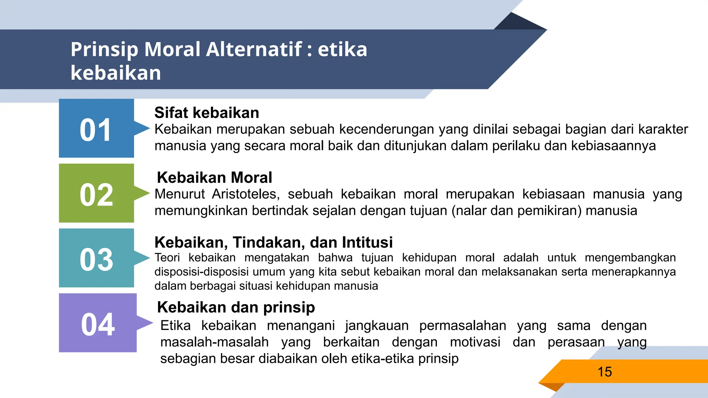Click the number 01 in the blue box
pyautogui.click(x=96, y=130)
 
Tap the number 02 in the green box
pyautogui.click(x=96, y=195)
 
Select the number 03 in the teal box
pyautogui.click(x=96, y=260)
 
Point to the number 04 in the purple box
pyautogui.click(x=98, y=324)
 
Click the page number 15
pyautogui.click(x=605, y=372)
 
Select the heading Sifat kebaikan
pyautogui.click(x=207, y=113)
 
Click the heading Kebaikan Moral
pyautogui.click(x=214, y=178)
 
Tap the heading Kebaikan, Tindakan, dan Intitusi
pyautogui.click(x=273, y=242)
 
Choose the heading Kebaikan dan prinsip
pyautogui.click(x=236, y=307)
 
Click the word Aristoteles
pyautogui.click(x=245, y=194)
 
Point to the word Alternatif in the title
pyautogui.click(x=254, y=49)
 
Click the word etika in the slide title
pyautogui.click(x=342, y=49)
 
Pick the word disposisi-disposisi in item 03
pyautogui.click(x=202, y=272)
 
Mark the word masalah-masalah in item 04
pyautogui.click(x=214, y=342)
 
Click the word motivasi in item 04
pyautogui.click(x=475, y=342)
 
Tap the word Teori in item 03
pyautogui.click(x=167, y=258)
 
